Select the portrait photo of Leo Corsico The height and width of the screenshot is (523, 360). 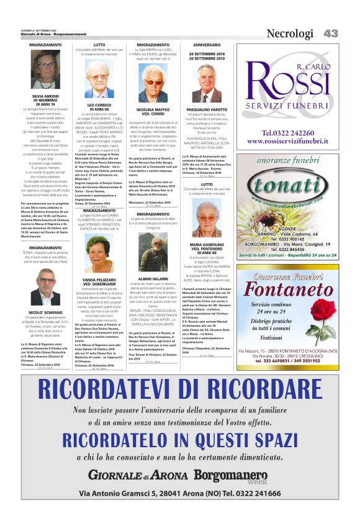pyautogui.click(x=99, y=79)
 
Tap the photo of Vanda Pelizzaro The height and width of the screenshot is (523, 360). pyautogui.click(x=99, y=255)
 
